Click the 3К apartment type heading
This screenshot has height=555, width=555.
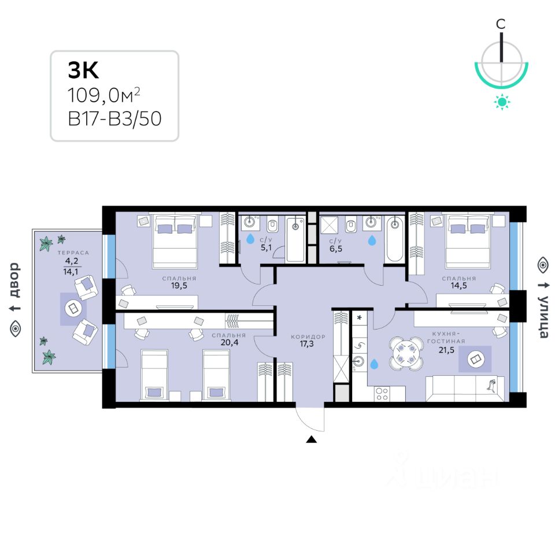(x=84, y=70)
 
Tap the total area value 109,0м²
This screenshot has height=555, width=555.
(x=104, y=94)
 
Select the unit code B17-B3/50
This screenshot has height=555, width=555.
(x=114, y=119)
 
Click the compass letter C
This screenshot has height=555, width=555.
(x=501, y=24)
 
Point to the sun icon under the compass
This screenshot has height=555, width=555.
(x=502, y=103)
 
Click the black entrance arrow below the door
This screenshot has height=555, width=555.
(x=312, y=439)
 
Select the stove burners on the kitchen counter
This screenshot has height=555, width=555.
(x=382, y=394)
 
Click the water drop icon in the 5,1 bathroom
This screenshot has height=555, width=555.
(x=250, y=238)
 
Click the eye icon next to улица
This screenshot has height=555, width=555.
(x=542, y=265)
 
